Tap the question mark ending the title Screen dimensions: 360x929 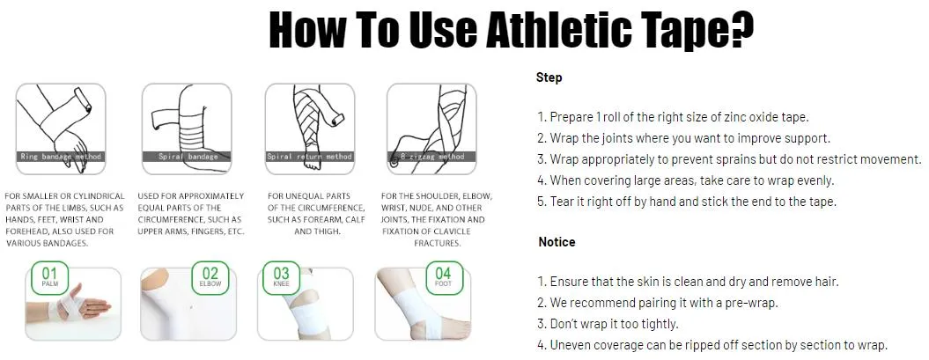[741, 32]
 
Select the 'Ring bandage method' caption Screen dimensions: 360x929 [61, 157]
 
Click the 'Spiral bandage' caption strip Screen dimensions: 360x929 [187, 157]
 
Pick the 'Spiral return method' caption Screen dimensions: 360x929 [309, 157]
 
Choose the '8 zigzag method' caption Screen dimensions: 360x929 [431, 157]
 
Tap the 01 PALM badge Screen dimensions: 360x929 [49, 278]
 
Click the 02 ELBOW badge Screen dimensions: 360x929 [210, 277]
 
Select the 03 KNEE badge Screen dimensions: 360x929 [281, 277]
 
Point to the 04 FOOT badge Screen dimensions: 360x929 [443, 277]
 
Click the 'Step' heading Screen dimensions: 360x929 [549, 77]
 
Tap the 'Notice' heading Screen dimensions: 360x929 [557, 242]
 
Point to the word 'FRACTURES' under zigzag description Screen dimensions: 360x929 [436, 243]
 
